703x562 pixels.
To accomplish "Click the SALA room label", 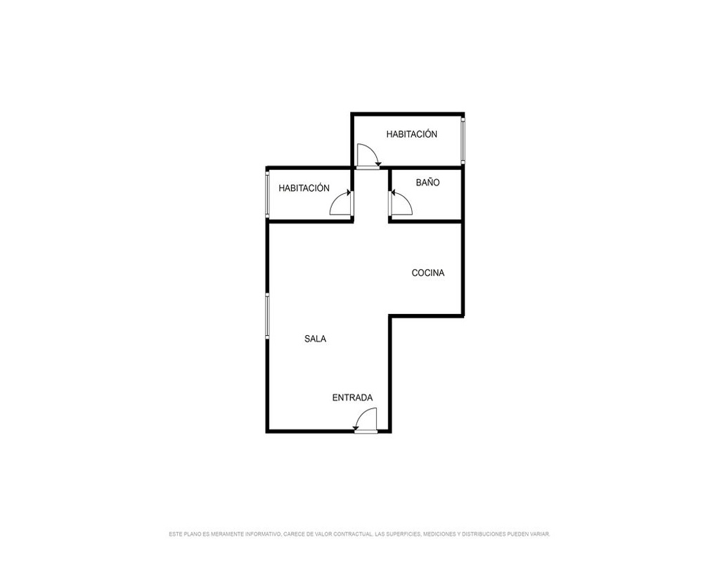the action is (x=315, y=339).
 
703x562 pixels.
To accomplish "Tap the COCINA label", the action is (x=427, y=273).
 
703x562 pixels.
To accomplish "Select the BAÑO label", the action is (x=427, y=183).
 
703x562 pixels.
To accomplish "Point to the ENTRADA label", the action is (x=352, y=398).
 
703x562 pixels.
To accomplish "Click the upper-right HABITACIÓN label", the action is (x=411, y=134).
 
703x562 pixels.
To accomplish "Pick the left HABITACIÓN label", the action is (x=304, y=188).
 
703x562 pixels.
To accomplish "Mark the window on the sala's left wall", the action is (x=267, y=316).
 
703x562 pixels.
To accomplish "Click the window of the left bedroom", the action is (x=267, y=194).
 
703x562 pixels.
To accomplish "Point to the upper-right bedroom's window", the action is (x=463, y=140).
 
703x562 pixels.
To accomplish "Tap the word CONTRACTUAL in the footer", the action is (x=352, y=534).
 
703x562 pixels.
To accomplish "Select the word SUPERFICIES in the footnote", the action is (x=403, y=534).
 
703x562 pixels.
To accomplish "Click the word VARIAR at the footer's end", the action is (x=541, y=534).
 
